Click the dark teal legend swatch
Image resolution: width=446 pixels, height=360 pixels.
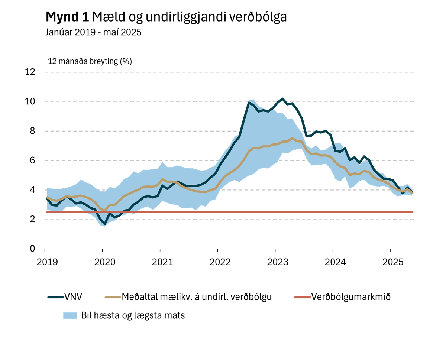pyautogui.click(x=56, y=297)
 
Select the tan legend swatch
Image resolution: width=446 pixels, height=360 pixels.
pyautogui.click(x=113, y=297)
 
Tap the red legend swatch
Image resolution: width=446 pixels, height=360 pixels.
pyautogui.click(x=302, y=297)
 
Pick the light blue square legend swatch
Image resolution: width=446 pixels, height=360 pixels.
pyautogui.click(x=70, y=315)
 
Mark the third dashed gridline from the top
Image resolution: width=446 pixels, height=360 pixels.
pyautogui.click(x=149, y=131)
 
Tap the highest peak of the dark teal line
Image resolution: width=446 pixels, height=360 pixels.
pyautogui.click(x=282, y=98)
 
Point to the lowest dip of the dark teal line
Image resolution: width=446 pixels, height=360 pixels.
pyautogui.click(x=105, y=224)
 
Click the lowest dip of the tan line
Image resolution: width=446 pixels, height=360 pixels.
pyautogui.click(x=104, y=210)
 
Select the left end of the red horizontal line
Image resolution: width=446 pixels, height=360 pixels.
pyautogui.click(x=46, y=212)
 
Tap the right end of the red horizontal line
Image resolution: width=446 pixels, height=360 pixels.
pyautogui.click(x=413, y=212)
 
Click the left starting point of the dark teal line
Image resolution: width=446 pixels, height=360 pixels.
pyautogui.click(x=46, y=198)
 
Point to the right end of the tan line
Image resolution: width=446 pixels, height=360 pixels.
pyautogui.click(x=413, y=193)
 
